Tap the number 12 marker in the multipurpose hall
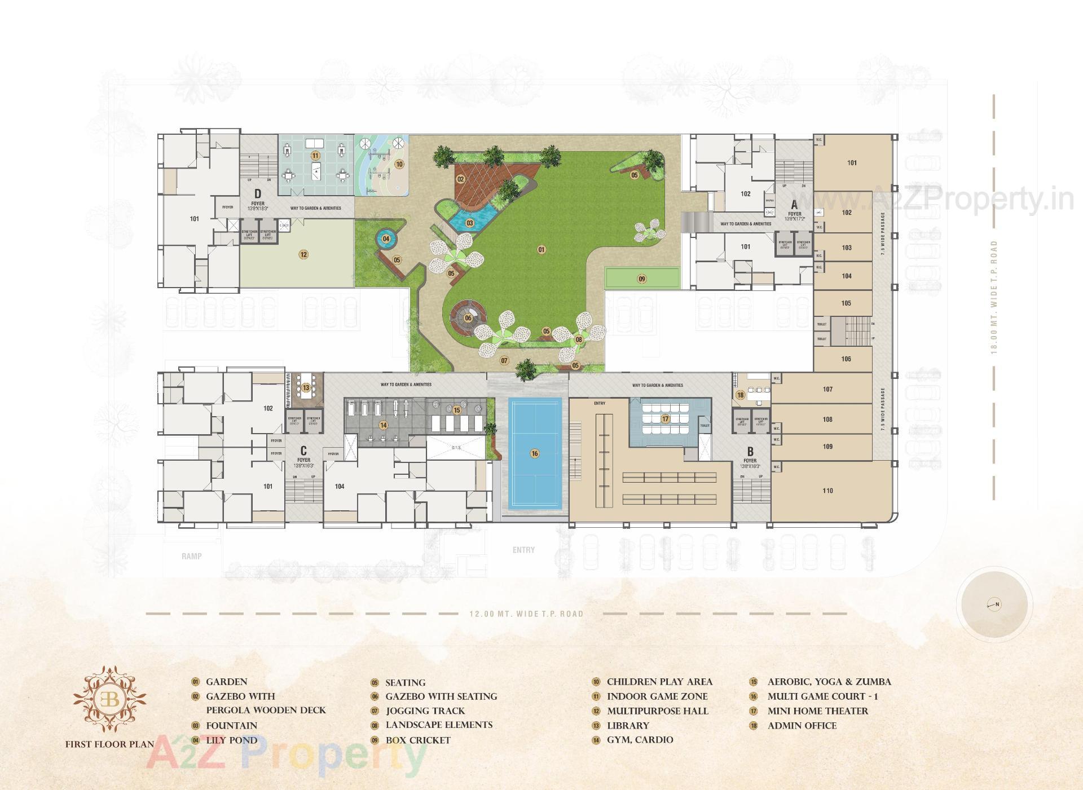[x=303, y=254]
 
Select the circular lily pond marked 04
[x=386, y=239]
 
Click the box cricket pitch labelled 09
[x=641, y=279]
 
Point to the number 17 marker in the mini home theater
[x=666, y=419]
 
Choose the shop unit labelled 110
[x=827, y=491]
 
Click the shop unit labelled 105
[x=846, y=303]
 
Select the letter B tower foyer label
[x=750, y=452]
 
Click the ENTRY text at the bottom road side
[x=523, y=550]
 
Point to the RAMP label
[x=192, y=557]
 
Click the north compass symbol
[x=994, y=604]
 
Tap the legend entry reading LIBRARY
[x=628, y=726]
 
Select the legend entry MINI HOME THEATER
[x=817, y=711]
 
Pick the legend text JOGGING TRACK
[x=425, y=711]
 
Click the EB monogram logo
[x=109, y=700]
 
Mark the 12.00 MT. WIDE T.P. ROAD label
[x=526, y=614]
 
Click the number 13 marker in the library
[x=306, y=387]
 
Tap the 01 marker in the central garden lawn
[x=541, y=249]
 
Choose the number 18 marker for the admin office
[x=740, y=395]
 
